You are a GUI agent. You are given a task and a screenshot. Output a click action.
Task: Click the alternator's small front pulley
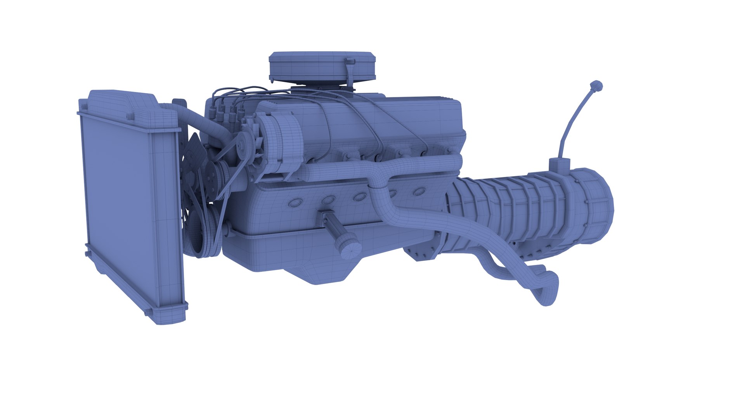pyautogui.click(x=243, y=145)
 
